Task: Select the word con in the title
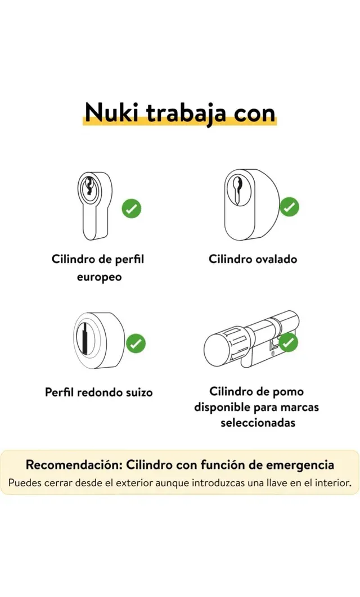(x=253, y=113)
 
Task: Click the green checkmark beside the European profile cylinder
(x=132, y=209)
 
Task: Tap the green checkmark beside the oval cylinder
(x=290, y=207)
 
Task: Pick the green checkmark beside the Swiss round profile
(x=136, y=343)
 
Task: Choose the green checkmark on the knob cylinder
(x=289, y=342)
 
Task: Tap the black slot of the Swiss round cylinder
(x=83, y=340)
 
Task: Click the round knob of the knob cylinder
(x=217, y=348)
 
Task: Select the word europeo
(x=100, y=277)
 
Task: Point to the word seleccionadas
(x=258, y=422)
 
